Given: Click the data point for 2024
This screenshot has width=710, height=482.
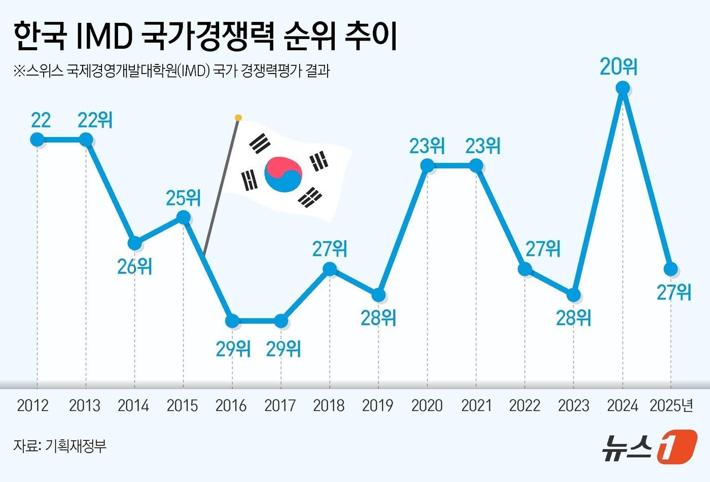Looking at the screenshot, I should click(622, 88).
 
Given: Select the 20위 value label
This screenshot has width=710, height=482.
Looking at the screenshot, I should click(618, 66).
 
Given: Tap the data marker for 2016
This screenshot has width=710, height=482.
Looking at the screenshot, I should click(232, 321).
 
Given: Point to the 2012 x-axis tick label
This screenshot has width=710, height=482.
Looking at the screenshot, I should click(33, 405).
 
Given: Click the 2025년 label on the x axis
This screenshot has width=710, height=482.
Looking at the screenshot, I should click(671, 405).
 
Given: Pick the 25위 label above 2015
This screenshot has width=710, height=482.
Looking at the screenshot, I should click(183, 198).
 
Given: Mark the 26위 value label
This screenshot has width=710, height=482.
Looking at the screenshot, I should click(134, 266).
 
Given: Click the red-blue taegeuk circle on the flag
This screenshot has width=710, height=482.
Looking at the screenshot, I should click(283, 174).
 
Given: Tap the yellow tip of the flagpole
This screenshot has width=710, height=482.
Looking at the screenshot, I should click(238, 118).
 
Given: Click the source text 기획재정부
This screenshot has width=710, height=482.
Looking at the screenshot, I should click(76, 446).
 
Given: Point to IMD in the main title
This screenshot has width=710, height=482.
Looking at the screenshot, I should click(104, 37).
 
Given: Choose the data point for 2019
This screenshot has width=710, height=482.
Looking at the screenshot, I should click(378, 295).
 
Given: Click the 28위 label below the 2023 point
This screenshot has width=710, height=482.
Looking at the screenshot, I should click(574, 318).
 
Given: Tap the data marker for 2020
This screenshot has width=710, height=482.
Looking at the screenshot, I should click(428, 165).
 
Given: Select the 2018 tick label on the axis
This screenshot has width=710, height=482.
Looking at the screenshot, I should click(329, 405).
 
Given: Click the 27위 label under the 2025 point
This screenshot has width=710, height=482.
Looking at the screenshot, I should click(674, 292).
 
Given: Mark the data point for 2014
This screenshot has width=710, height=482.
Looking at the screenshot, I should click(134, 243).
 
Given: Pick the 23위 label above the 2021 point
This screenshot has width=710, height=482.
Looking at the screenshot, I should click(483, 146).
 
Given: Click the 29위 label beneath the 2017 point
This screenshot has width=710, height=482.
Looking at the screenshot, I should click(283, 349).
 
